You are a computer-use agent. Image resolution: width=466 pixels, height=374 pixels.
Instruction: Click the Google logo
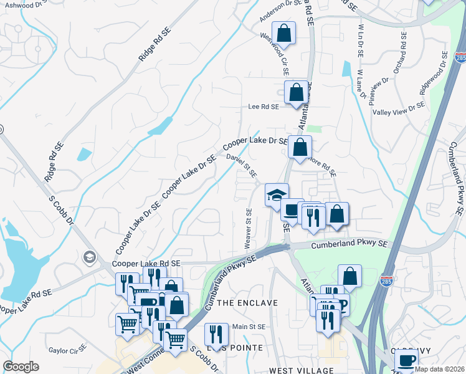click(21, 367)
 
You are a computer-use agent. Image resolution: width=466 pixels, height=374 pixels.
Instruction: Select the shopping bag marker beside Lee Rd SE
click(296, 92)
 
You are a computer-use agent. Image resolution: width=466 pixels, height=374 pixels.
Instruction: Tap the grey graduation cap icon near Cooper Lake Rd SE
click(89, 257)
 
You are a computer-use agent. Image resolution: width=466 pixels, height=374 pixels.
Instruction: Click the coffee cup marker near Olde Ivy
click(407, 360)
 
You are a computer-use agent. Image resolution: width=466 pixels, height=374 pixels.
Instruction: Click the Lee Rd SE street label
click(263, 107)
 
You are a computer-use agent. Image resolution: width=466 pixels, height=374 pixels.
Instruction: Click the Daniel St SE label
click(242, 166)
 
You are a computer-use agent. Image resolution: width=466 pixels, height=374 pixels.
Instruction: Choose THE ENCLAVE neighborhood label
click(248, 303)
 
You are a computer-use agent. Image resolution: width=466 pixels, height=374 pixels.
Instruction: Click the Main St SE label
click(249, 327)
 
